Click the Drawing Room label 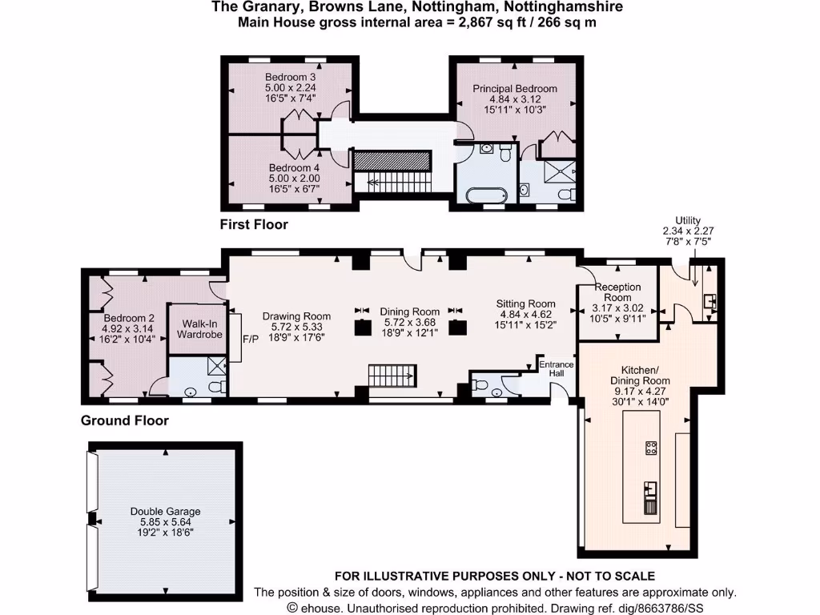click(296, 316)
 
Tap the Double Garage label click(166, 511)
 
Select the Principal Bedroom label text click(515, 88)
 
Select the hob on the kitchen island click(652, 448)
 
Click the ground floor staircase click(392, 374)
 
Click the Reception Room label click(617, 292)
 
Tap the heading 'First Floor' click(254, 225)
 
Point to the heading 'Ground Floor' click(125, 420)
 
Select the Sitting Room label click(525, 303)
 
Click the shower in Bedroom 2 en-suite click(217, 367)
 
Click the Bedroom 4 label click(290, 168)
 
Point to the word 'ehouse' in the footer click(320, 608)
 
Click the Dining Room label click(409, 312)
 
